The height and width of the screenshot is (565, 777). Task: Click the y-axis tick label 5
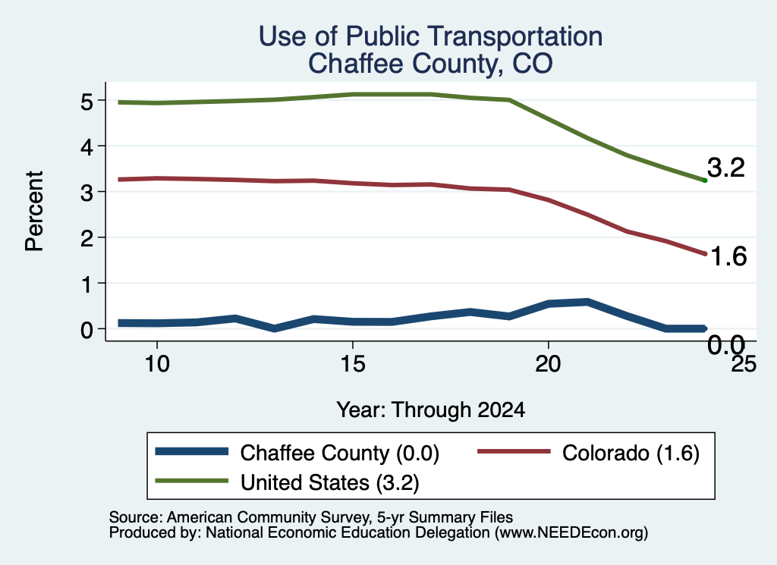(x=87, y=102)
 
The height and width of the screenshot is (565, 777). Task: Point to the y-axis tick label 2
(x=87, y=238)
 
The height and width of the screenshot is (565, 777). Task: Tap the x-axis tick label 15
(x=352, y=365)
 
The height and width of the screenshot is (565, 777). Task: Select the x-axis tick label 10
(x=157, y=365)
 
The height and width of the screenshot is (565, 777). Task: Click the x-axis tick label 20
(x=548, y=365)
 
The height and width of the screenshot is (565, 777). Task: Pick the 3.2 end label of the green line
(x=726, y=168)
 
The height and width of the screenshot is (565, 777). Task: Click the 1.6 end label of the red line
(x=728, y=256)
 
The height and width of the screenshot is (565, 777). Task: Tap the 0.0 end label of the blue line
(x=726, y=344)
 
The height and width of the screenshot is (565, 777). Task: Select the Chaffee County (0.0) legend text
(x=340, y=454)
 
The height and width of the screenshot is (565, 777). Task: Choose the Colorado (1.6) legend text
(x=631, y=454)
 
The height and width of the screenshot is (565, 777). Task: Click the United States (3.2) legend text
(x=330, y=483)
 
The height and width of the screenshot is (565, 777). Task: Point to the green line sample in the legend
(x=192, y=481)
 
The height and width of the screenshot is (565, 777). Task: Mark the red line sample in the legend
(x=514, y=451)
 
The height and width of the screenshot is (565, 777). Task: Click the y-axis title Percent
(x=35, y=212)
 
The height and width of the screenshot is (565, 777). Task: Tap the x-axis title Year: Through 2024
(x=431, y=410)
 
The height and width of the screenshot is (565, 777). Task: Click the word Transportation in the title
(x=515, y=36)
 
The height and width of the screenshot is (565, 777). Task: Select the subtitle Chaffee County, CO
(x=430, y=64)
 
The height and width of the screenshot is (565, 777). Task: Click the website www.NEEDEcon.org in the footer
(x=571, y=533)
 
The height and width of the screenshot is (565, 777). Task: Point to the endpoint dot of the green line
(x=705, y=180)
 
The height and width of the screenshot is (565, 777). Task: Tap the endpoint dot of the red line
(x=705, y=254)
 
